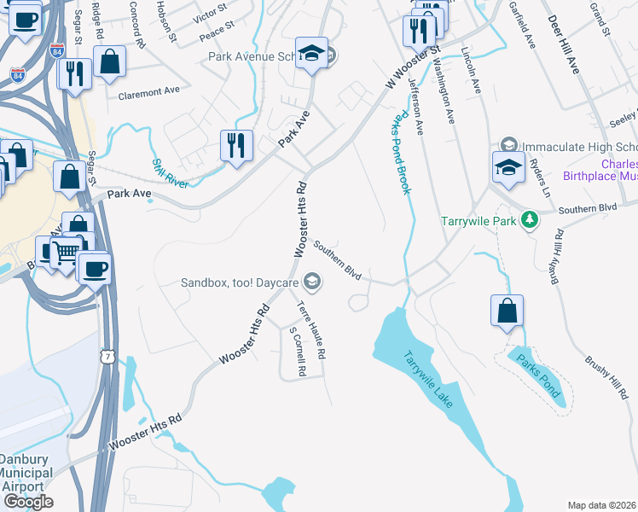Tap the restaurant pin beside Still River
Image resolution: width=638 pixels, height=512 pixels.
(236, 144)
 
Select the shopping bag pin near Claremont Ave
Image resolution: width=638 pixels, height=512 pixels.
(110, 62)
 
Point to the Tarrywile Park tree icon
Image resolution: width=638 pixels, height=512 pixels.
(531, 220)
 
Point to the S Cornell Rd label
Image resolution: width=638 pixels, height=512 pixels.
(296, 352)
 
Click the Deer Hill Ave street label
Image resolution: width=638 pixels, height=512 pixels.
(564, 44)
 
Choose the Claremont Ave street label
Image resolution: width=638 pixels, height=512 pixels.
(149, 90)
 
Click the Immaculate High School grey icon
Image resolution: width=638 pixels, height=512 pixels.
(509, 144)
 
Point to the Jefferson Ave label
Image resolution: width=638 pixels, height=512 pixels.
(416, 108)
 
